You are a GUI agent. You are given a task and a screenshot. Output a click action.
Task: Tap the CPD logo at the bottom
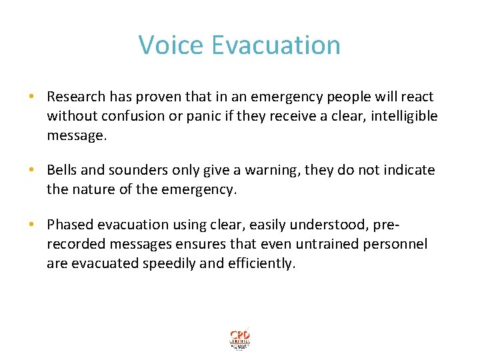[x=239, y=339]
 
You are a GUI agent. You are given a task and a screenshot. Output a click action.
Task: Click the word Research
[x=76, y=97]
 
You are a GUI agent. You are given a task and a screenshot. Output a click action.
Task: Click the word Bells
[x=63, y=171]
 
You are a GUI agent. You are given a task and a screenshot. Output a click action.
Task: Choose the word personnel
[x=395, y=244]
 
